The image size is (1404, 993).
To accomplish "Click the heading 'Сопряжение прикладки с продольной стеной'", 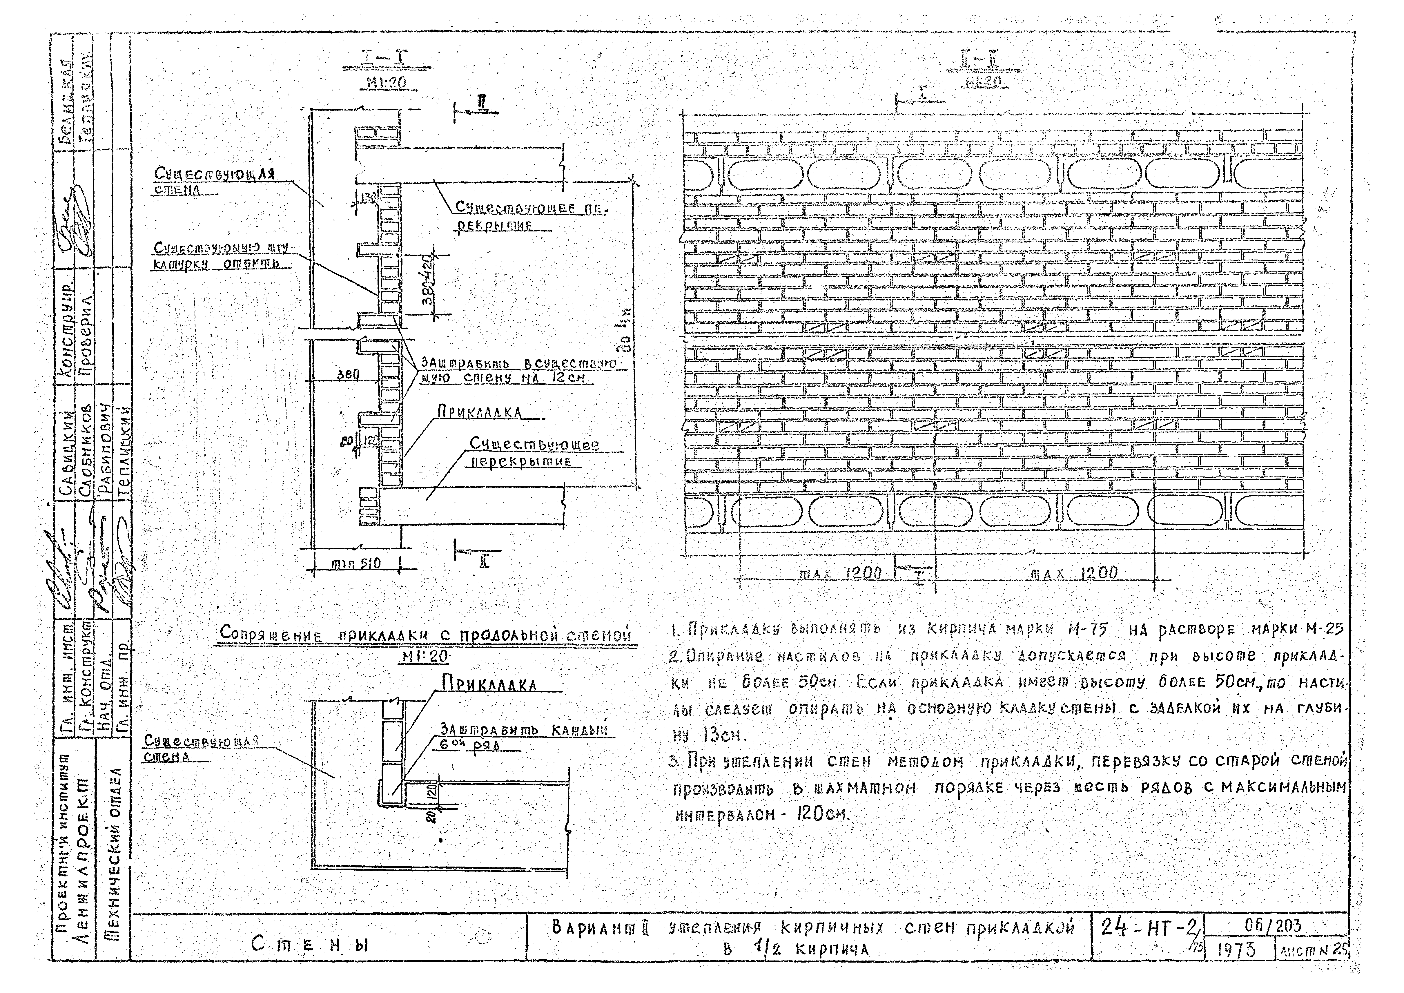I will pyautogui.click(x=425, y=634).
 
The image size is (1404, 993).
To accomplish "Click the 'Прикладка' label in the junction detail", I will pyautogui.click(x=489, y=684).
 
